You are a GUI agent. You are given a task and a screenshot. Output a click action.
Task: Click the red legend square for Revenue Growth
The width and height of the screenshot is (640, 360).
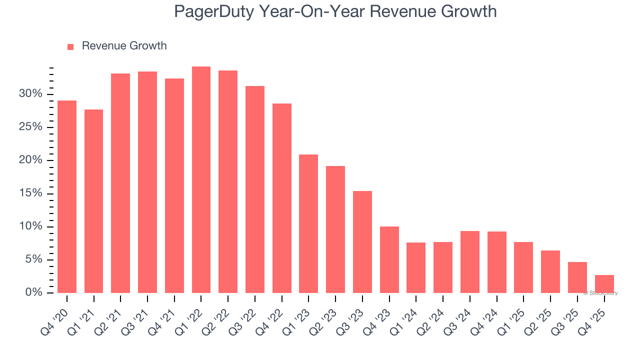click(70, 46)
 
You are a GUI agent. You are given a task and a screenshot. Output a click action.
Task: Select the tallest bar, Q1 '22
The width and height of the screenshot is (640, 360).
click(201, 180)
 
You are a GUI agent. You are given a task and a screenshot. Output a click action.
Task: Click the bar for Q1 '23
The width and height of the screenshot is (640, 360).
click(308, 223)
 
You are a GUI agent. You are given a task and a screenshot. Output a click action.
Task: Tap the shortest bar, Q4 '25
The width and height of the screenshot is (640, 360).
click(604, 284)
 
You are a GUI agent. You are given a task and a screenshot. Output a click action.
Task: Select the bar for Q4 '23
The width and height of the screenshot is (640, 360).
click(389, 259)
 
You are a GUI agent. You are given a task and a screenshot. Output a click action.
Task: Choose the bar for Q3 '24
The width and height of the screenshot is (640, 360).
click(469, 261)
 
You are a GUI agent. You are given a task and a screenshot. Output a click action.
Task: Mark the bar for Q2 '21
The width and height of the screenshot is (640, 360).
click(120, 183)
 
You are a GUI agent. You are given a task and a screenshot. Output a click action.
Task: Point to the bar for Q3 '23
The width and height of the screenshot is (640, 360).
click(362, 241)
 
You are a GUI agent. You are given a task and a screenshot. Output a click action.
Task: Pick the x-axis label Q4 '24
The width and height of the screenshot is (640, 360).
click(485, 316)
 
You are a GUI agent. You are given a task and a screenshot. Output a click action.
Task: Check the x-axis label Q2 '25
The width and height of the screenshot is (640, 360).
click(538, 316)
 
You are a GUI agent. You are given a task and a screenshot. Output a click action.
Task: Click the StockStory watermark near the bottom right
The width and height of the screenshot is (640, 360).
click(600, 293)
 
